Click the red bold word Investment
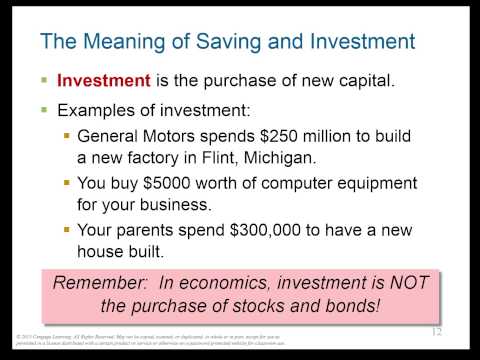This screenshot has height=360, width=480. tap(103, 81)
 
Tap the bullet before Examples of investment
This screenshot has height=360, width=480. tap(44, 109)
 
